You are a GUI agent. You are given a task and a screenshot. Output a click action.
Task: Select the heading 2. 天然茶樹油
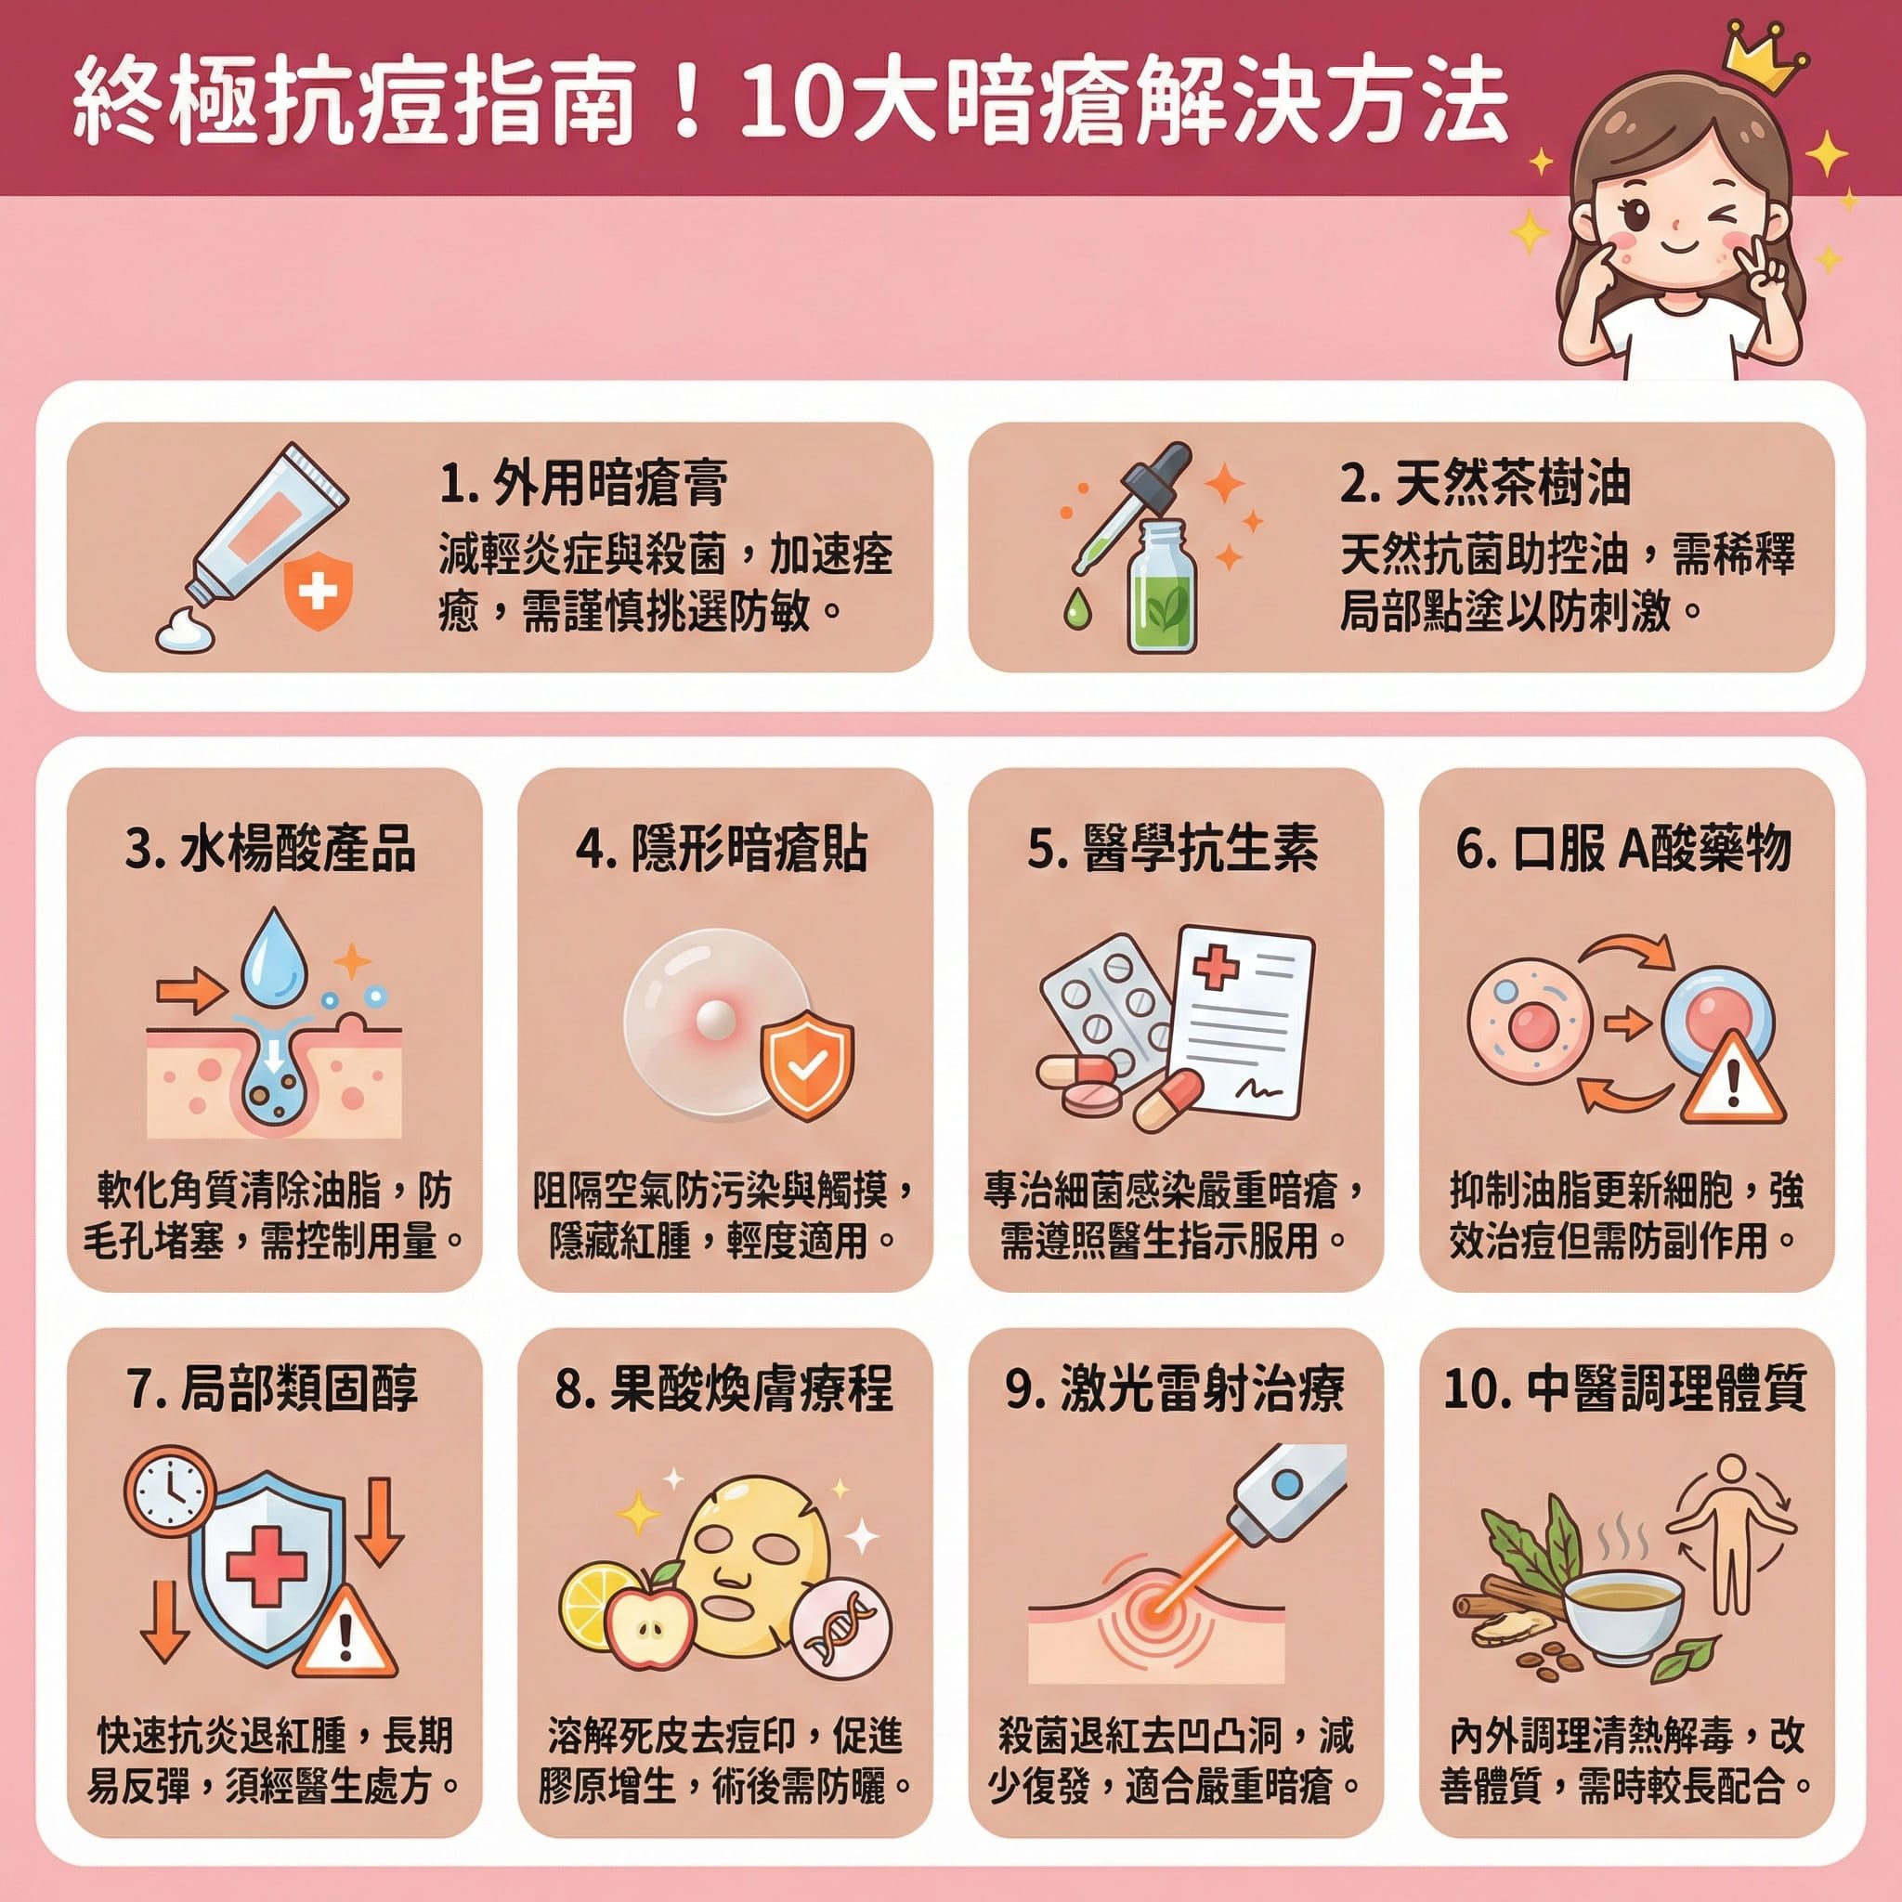click(x=1486, y=483)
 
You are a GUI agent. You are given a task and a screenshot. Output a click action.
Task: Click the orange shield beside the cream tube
click(x=317, y=592)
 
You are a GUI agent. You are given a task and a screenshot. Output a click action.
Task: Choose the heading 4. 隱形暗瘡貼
click(x=722, y=850)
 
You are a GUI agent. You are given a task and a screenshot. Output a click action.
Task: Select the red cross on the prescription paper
click(x=1216, y=968)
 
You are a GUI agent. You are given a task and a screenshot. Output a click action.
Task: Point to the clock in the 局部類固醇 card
click(x=169, y=1492)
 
